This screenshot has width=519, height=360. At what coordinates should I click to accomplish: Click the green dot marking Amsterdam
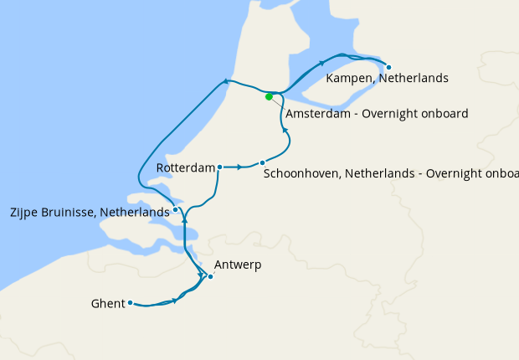pos(269,96)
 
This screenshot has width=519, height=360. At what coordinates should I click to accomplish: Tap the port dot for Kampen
pos(388,65)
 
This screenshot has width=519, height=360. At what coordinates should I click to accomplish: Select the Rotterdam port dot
pos(219,167)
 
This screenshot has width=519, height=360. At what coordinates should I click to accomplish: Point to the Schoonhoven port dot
pos(262,162)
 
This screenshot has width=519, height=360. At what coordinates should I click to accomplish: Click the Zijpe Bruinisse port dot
pos(175,209)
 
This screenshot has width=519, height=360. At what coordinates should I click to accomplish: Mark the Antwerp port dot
pos(210,276)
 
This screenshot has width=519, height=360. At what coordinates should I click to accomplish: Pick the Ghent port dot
pos(131,303)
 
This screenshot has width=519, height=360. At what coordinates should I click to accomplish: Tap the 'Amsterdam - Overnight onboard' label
pos(377,113)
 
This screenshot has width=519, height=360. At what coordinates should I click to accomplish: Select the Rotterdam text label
pos(186,168)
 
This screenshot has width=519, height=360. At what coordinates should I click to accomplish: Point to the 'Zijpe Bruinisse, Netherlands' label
pos(91,213)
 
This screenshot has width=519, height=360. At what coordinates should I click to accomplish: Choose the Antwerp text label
pos(238,265)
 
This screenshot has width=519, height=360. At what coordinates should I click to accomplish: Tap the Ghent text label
pos(108,304)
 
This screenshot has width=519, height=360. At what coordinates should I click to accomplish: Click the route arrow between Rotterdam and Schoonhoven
pos(239,167)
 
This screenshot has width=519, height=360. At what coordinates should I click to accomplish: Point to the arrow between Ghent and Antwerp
pos(175,301)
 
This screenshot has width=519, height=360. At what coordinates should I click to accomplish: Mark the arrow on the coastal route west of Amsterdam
pos(225,81)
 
